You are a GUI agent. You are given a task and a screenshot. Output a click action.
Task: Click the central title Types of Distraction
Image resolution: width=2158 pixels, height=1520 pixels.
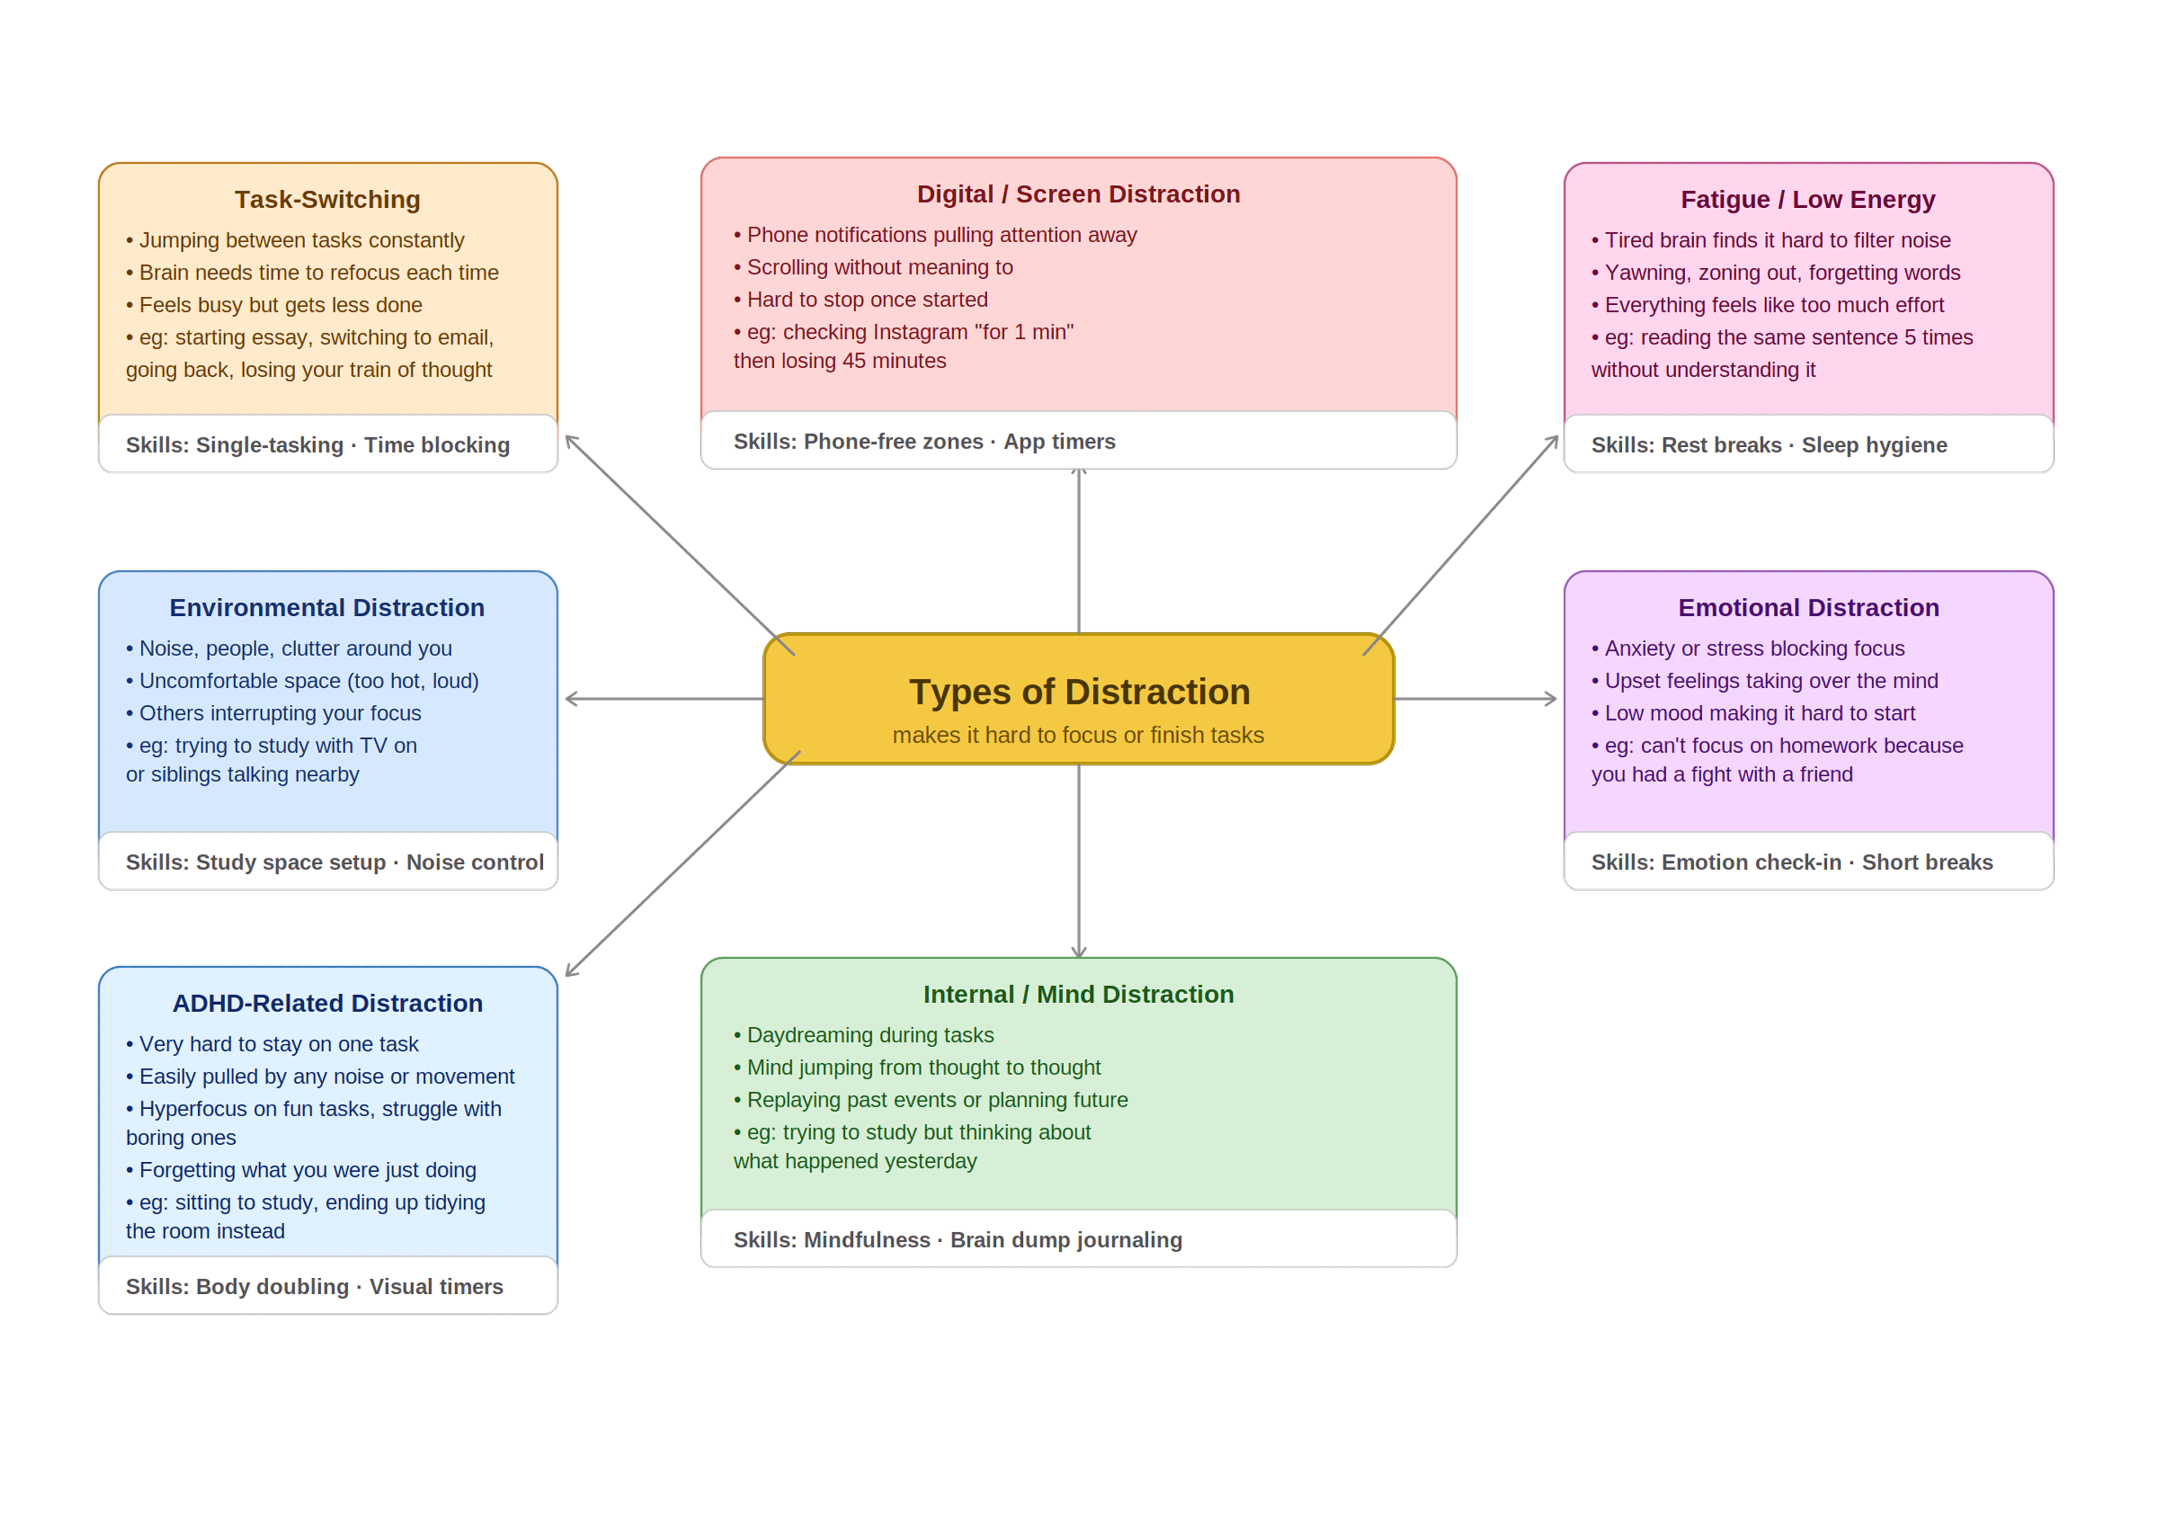(x=1079, y=692)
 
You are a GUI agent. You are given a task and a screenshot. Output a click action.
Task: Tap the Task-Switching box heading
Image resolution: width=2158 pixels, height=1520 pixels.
(x=327, y=199)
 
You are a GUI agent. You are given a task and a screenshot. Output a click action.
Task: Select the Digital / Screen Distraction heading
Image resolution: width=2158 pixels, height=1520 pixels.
(x=1078, y=193)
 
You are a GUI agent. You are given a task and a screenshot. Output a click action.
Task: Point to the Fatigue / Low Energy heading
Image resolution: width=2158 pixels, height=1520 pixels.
(x=1807, y=199)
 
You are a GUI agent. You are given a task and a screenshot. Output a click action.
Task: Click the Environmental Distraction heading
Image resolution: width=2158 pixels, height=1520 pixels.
(x=327, y=607)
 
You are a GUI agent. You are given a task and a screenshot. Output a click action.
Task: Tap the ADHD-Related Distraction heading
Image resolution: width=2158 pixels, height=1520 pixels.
(x=327, y=1003)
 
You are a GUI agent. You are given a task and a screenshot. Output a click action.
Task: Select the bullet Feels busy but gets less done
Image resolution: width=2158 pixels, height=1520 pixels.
(x=280, y=305)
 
